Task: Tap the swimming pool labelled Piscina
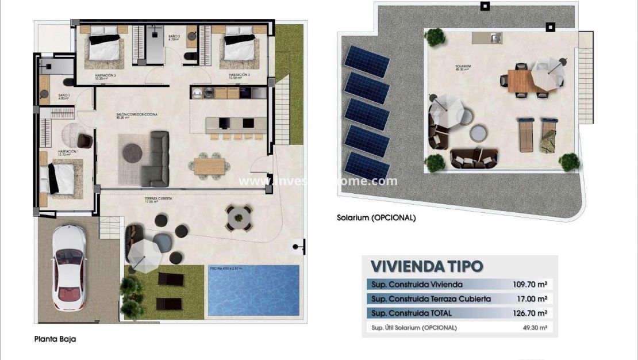tap(253, 290)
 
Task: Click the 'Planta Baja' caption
tap(55, 339)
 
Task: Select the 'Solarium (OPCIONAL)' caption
tap(376, 218)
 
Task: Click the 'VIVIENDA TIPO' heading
tap(426, 266)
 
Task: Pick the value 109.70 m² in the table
tap(529, 284)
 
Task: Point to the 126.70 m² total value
tap(529, 313)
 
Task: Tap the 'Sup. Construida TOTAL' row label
tap(412, 313)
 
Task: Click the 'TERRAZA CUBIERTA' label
tap(158, 198)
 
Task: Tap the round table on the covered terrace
tap(239, 218)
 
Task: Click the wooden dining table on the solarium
tap(518, 80)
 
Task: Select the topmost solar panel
tap(366, 61)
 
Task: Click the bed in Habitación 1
tap(62, 175)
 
